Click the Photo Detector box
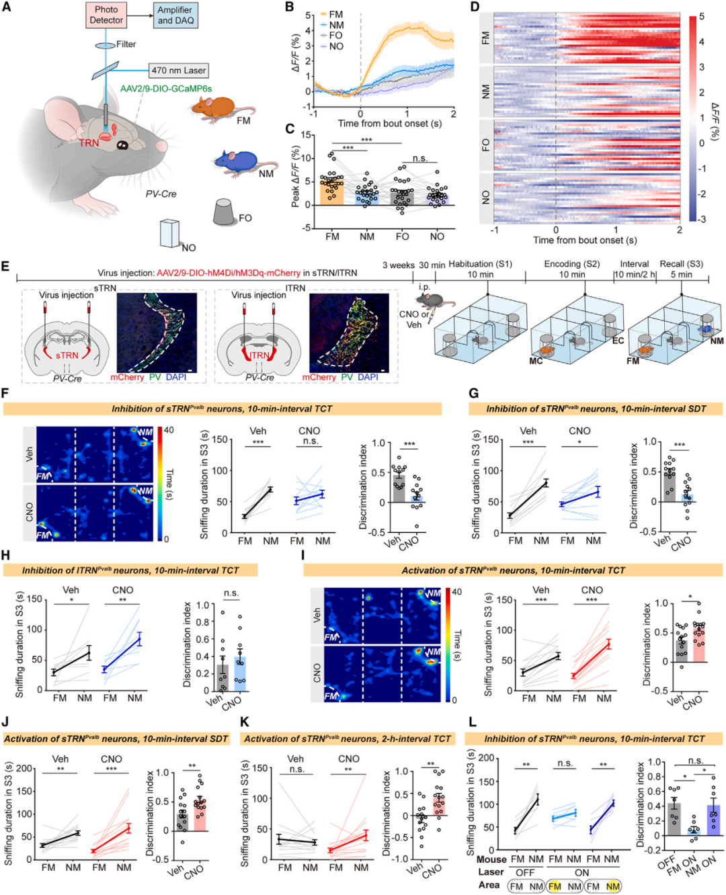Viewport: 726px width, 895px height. click(x=106, y=15)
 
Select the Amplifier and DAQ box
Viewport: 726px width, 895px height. click(x=175, y=15)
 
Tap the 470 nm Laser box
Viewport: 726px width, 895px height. click(x=178, y=70)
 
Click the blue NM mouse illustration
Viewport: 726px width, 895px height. click(x=239, y=161)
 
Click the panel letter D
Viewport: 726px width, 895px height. click(x=475, y=7)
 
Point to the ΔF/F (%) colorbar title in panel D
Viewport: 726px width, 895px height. click(x=714, y=121)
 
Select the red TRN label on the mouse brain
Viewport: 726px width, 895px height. click(x=89, y=143)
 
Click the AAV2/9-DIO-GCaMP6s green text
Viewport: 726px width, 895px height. click(x=166, y=89)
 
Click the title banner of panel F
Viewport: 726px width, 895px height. click(x=222, y=409)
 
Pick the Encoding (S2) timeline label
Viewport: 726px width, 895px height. click(x=571, y=264)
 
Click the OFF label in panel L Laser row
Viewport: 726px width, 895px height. click(x=525, y=872)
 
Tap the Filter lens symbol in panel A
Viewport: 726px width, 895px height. click(x=105, y=45)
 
